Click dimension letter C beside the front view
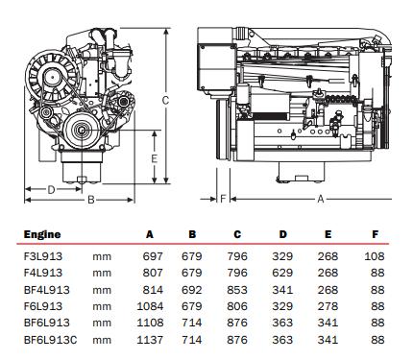click(165, 101)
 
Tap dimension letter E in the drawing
click(155, 158)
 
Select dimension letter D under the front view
click(51, 190)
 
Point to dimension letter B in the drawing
click(91, 200)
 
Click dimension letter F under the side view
click(223, 199)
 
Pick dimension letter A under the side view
click(321, 199)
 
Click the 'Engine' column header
click(42, 234)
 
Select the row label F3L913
click(43, 256)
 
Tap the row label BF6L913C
click(51, 340)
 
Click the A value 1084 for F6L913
click(150, 306)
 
